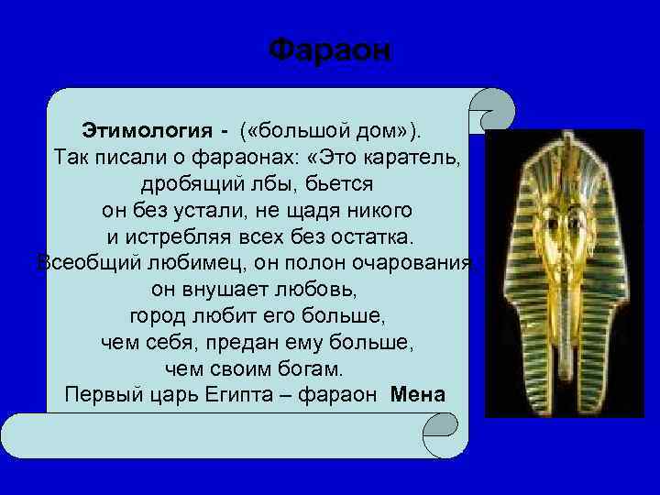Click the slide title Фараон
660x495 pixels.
pyautogui.click(x=330, y=49)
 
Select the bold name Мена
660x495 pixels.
pyautogui.click(x=417, y=396)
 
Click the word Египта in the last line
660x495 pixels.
pyautogui.click(x=237, y=396)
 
